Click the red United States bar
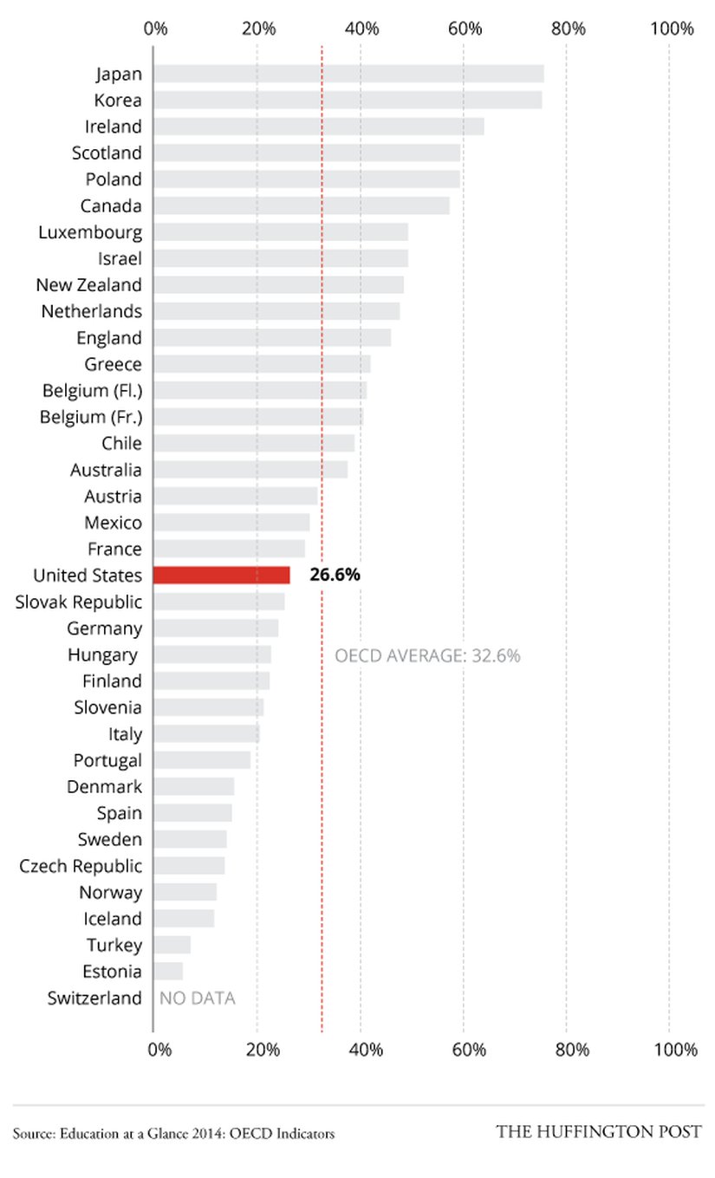pos(222,575)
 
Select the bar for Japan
pos(348,74)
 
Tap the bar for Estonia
pos(168,971)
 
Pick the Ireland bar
pos(319,127)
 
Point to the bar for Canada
pos(302,205)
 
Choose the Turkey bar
pos(172,945)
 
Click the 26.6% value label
pos(335,575)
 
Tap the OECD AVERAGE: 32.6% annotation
pos(427,655)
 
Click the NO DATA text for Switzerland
pos(198,998)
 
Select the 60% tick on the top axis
pos(465,29)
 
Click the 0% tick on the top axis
pos(156,29)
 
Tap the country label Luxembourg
pos(90,232)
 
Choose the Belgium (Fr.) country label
pos(91,417)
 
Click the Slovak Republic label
pos(79,602)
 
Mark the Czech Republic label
pos(81,866)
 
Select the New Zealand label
pos(89,285)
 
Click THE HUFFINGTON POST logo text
pos(598,1132)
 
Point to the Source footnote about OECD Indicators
pos(173,1133)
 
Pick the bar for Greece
pos(262,364)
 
